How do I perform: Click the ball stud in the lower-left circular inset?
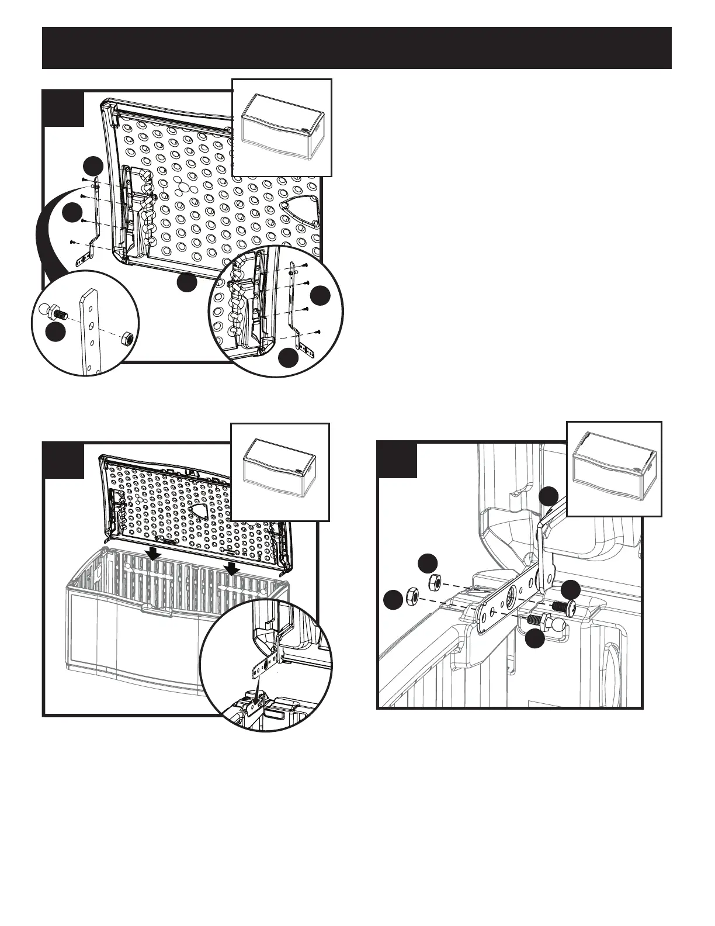[x=51, y=310]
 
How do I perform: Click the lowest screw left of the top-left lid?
[x=72, y=241]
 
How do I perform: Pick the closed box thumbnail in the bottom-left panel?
[x=280, y=471]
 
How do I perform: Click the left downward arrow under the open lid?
[x=153, y=552]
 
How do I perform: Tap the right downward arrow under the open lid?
[x=232, y=567]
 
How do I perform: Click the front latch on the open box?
[x=157, y=610]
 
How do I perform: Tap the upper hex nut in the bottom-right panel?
[x=435, y=582]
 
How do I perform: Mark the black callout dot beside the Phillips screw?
[x=571, y=589]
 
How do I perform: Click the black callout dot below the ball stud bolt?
[x=535, y=639]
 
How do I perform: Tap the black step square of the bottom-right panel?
[x=397, y=459]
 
